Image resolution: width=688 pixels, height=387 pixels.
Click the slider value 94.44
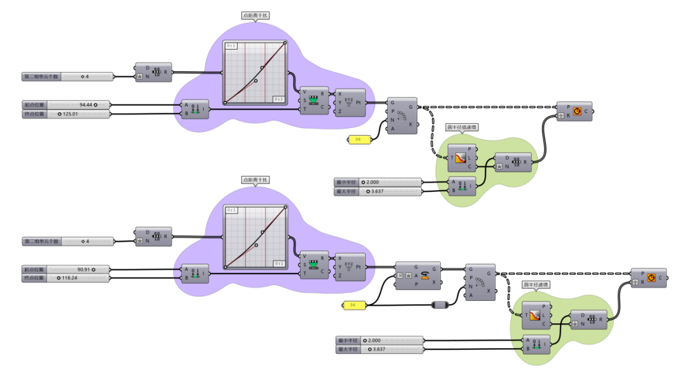click(86, 104)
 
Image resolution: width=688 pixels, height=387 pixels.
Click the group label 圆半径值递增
click(462, 127)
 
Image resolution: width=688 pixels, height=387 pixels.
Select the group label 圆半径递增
click(536, 285)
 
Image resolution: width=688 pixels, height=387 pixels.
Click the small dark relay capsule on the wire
click(441, 305)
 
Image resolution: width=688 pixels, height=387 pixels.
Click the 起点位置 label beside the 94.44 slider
click(33, 104)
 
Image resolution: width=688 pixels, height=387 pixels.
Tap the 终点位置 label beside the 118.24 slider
click(33, 278)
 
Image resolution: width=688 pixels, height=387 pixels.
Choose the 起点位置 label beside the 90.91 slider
click(33, 270)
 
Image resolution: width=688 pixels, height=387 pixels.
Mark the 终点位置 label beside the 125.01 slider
click(33, 114)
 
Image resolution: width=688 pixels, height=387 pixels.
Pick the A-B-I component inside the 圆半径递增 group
click(536, 345)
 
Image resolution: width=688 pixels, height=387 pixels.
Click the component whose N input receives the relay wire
click(481, 282)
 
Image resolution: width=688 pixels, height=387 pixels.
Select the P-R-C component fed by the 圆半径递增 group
click(649, 278)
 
